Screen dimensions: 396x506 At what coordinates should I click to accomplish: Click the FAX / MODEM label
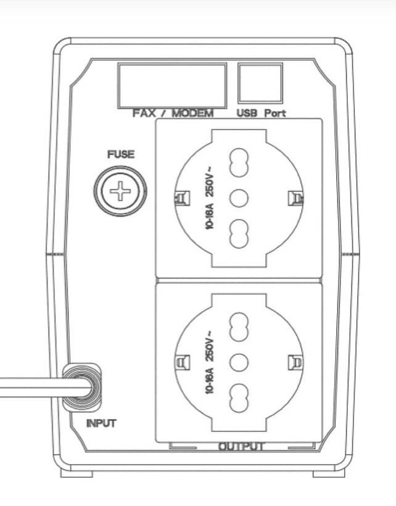pos(173,114)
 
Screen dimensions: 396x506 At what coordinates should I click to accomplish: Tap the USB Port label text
pos(261,114)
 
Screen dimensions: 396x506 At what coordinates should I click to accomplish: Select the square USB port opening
pos(260,83)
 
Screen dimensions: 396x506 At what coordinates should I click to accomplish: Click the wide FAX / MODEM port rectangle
pos(172,86)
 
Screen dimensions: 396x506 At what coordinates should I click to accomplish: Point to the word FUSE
pos(121,154)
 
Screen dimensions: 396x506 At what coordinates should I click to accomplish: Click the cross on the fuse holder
pos(120,191)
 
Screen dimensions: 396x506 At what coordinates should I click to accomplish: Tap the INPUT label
pos(101,423)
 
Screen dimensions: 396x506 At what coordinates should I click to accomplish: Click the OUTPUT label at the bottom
pos(242,446)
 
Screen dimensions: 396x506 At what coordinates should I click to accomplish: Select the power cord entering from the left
pos(45,388)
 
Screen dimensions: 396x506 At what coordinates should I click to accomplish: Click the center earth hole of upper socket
pos(239,198)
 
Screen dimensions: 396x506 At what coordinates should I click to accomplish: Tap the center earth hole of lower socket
pos(239,362)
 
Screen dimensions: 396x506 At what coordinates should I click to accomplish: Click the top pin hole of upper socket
pos(239,162)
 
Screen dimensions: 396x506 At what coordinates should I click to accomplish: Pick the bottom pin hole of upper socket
pos(239,234)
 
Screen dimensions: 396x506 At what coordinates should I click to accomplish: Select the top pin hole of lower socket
pos(239,326)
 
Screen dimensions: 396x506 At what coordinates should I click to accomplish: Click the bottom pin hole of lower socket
pos(239,398)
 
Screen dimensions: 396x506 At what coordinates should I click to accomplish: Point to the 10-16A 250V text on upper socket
pos(210,198)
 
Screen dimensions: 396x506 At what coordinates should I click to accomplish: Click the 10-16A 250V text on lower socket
pos(210,362)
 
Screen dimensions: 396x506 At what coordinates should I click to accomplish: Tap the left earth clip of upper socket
pos(182,198)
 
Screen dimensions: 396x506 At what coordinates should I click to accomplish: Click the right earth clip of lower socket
pos(295,362)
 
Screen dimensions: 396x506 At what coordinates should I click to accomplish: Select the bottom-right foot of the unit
pos(329,474)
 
